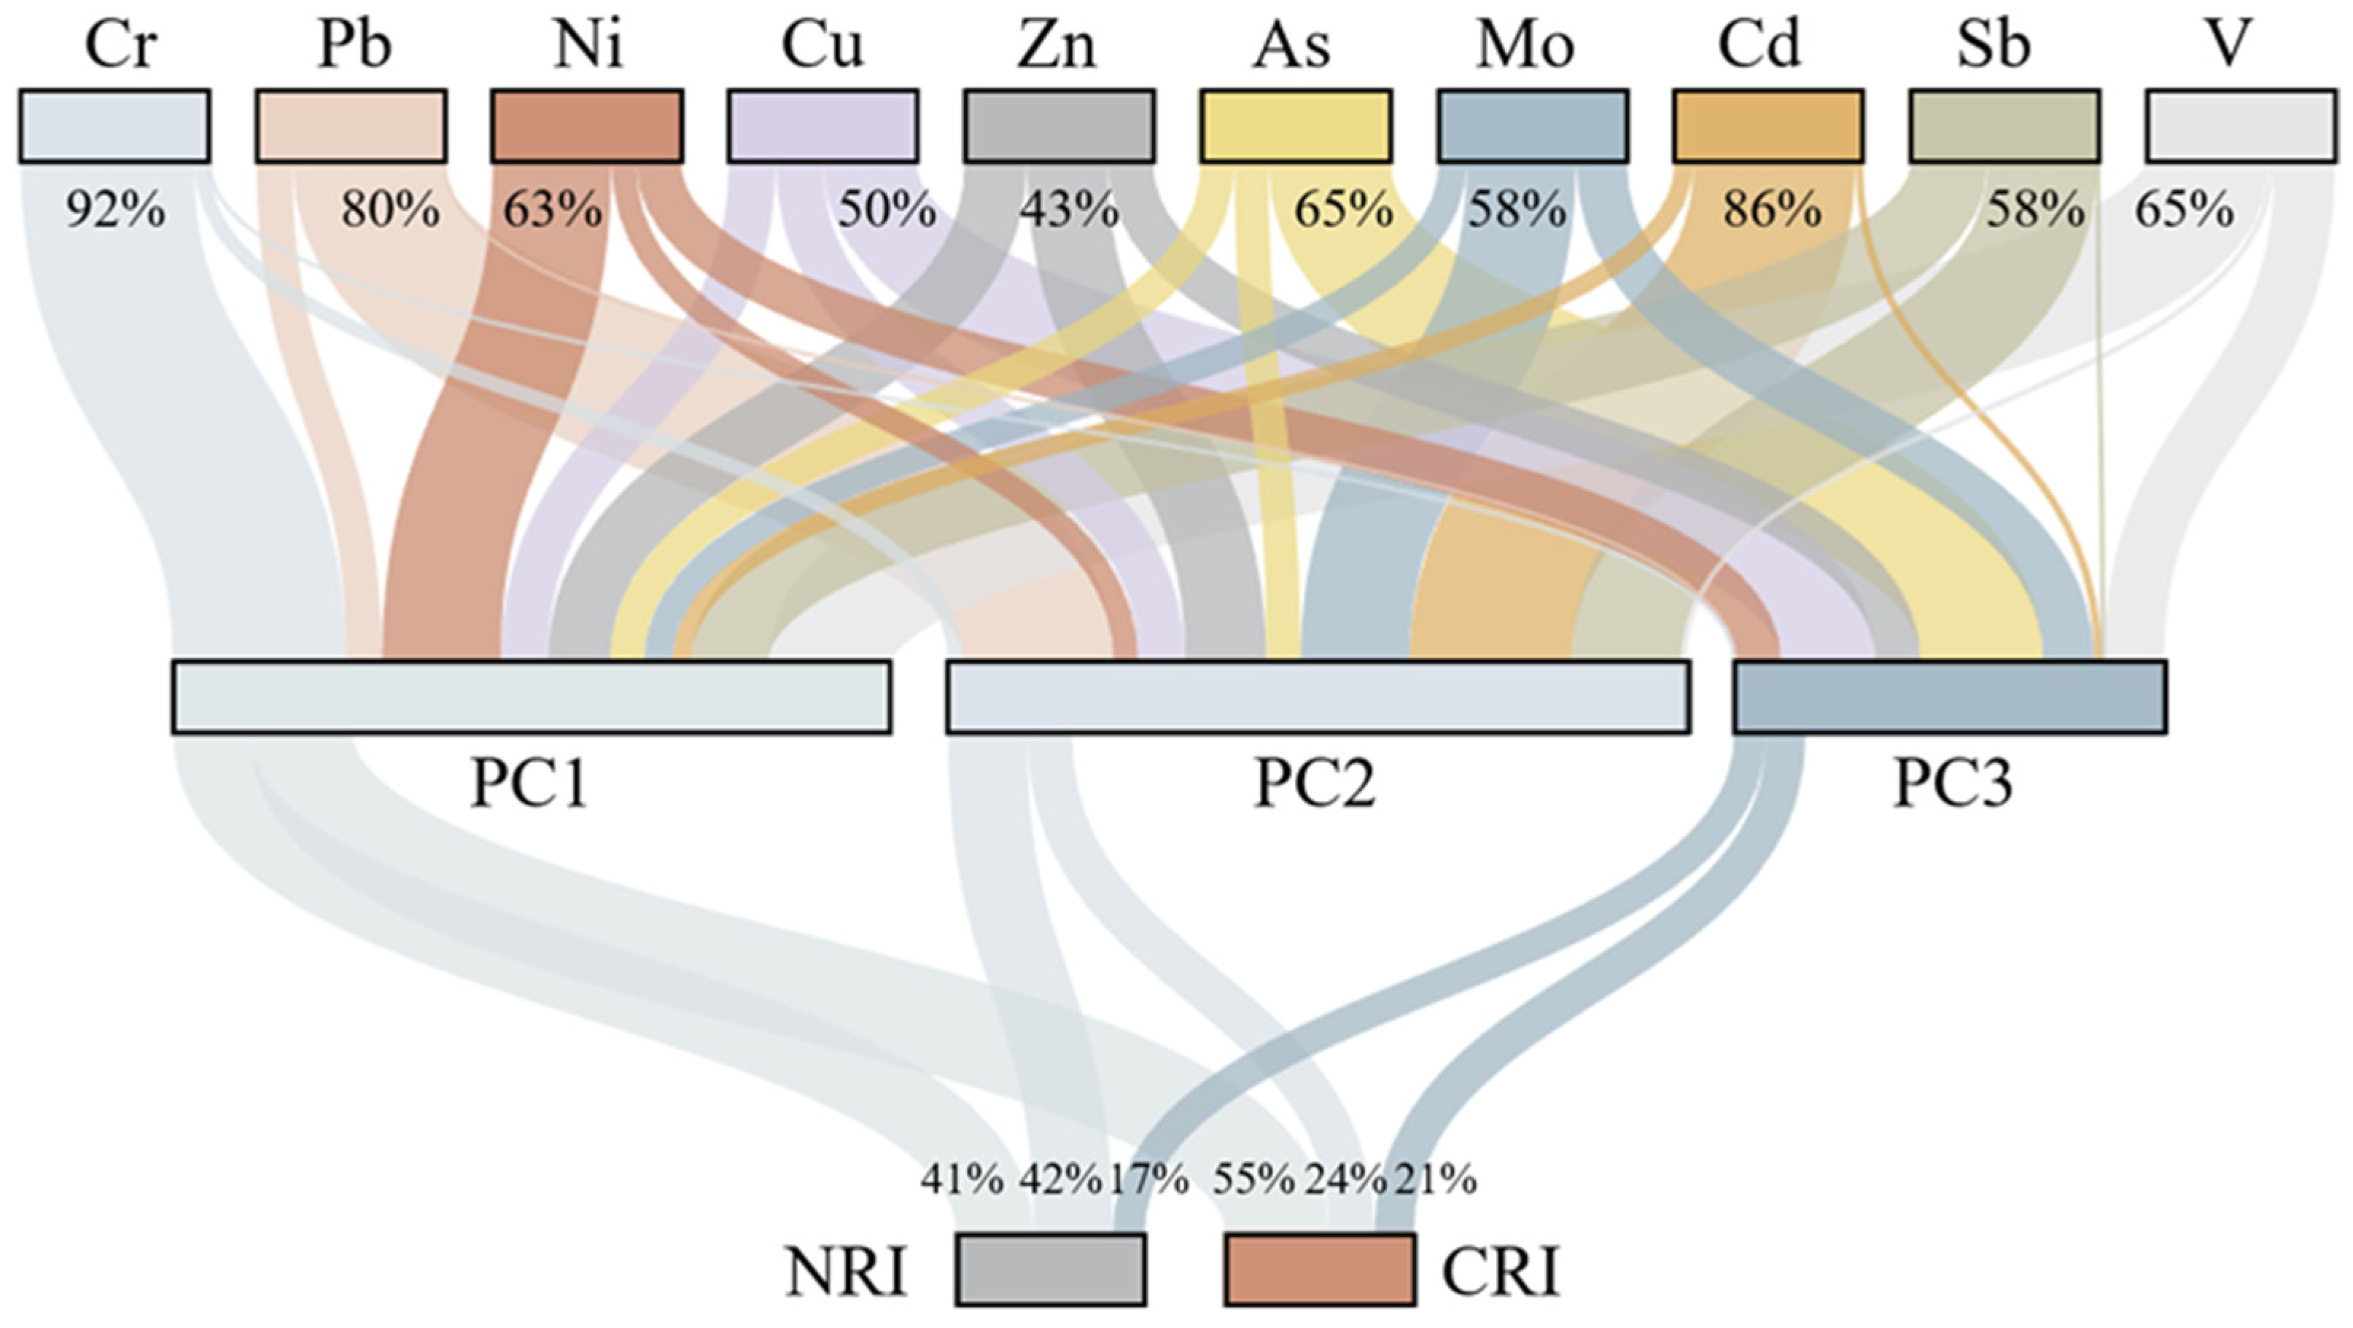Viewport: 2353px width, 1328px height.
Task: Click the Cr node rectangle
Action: (x=114, y=126)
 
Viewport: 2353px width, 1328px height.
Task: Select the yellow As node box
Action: (x=1295, y=126)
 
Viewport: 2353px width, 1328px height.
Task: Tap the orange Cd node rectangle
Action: (x=1767, y=126)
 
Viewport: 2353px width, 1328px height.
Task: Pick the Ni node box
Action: (x=586, y=126)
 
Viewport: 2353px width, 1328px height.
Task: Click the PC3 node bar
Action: (x=1949, y=697)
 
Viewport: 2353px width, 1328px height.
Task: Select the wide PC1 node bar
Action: (x=532, y=697)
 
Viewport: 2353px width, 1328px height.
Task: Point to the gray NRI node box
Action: (x=1051, y=1270)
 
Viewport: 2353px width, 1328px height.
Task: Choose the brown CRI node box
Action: (x=1320, y=1270)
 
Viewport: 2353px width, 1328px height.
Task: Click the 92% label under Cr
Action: (x=115, y=211)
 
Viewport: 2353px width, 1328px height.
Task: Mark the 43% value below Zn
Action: (x=1069, y=211)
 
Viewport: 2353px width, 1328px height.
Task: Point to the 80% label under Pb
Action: (x=390, y=211)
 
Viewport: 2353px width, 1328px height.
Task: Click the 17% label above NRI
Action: (x=1148, y=1180)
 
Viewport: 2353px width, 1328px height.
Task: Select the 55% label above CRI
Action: (x=1253, y=1180)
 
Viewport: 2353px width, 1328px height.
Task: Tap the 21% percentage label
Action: (x=1435, y=1180)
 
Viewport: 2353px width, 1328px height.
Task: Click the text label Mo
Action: (x=1525, y=46)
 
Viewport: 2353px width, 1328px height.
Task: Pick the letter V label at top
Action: (x=2229, y=46)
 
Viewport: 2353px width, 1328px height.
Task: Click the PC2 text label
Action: (x=1315, y=784)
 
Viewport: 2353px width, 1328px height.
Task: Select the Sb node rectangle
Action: (x=2004, y=126)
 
